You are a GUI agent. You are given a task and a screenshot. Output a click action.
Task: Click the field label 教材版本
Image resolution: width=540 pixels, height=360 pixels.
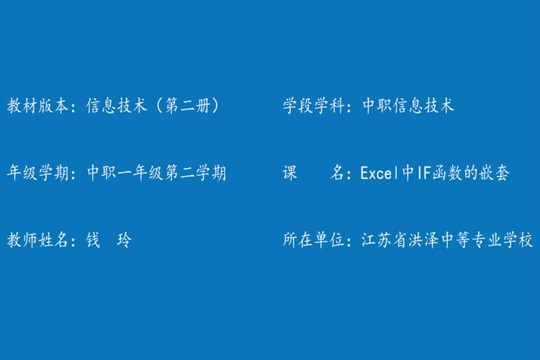38,106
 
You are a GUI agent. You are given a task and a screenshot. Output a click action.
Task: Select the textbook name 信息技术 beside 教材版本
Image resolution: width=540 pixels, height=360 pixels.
117,106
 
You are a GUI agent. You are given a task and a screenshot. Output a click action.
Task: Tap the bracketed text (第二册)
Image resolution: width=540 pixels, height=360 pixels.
188,106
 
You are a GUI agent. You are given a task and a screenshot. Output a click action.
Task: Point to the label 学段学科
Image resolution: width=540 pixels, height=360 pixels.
313,106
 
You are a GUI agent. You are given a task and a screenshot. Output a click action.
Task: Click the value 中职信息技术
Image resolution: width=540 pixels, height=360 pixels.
409,106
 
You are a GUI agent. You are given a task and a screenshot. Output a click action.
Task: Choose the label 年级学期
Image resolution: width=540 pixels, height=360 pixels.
38,172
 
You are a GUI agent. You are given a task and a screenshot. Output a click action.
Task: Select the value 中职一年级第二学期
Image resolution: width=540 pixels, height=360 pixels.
157,172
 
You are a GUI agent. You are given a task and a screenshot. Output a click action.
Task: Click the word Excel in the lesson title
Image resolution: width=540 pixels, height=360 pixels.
376,173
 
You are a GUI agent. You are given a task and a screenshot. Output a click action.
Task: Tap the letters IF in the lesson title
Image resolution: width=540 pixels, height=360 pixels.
424,173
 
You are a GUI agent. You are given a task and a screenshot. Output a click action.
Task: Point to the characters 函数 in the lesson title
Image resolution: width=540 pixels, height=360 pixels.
447,172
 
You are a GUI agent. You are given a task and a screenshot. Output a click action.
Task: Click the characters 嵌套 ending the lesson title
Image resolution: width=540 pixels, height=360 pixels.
493,172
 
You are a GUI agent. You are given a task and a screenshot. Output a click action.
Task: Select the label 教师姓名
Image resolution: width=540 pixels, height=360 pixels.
38,240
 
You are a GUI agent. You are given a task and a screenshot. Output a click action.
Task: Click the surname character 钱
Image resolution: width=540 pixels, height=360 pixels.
93,240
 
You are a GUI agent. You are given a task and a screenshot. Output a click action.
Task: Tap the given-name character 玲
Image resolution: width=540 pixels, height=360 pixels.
124,240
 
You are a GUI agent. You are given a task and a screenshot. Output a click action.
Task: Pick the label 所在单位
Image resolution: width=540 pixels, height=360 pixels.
313,240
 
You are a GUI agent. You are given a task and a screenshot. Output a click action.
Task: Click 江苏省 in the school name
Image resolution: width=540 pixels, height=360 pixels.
384,240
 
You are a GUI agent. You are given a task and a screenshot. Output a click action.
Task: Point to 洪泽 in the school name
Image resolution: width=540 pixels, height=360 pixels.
424,240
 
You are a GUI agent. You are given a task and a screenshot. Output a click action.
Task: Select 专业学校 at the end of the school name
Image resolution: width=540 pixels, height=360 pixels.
502,240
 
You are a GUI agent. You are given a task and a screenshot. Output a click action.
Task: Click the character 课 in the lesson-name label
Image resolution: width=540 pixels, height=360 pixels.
290,172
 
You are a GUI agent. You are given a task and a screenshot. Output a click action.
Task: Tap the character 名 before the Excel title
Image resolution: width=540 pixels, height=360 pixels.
337,172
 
